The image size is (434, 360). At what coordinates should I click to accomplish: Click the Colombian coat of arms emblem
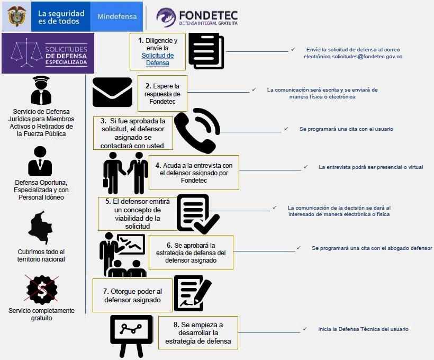(x=17, y=16)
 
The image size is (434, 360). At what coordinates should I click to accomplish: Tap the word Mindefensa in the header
(x=117, y=16)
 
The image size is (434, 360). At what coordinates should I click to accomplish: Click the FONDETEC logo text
(x=208, y=17)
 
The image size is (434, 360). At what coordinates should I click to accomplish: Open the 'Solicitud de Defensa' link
(x=158, y=59)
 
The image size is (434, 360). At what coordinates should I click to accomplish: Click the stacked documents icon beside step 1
(x=206, y=51)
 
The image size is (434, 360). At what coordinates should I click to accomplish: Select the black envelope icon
(x=112, y=92)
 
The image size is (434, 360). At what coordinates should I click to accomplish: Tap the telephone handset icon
(x=197, y=130)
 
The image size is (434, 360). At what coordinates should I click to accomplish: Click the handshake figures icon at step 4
(x=125, y=173)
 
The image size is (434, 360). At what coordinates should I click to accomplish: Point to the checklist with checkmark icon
(x=197, y=214)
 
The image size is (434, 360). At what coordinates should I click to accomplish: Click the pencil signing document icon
(x=193, y=293)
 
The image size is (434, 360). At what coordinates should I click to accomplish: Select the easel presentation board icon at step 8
(x=131, y=336)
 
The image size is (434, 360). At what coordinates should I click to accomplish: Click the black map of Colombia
(x=40, y=227)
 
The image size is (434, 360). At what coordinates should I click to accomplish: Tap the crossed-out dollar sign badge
(x=41, y=289)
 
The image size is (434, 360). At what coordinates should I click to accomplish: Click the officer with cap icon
(x=41, y=91)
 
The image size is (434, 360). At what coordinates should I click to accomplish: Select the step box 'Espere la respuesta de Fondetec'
(x=162, y=94)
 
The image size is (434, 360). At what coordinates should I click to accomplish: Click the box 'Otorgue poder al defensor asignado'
(x=132, y=295)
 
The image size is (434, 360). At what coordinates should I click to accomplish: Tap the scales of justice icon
(x=26, y=53)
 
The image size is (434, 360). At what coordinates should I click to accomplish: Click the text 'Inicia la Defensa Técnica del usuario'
(x=363, y=329)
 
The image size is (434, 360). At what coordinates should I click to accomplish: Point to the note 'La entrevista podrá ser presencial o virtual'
(x=371, y=167)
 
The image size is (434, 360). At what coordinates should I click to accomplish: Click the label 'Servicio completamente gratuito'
(x=41, y=314)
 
